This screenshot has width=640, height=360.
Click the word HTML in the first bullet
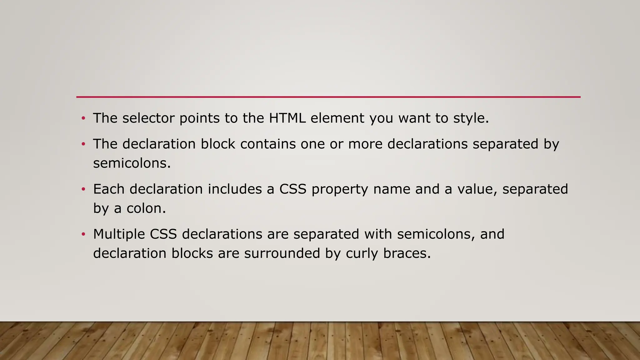287,118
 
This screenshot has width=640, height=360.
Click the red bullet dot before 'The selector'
83,118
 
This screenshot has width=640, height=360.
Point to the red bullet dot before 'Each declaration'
83,189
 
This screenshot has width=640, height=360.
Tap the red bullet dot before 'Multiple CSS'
83,234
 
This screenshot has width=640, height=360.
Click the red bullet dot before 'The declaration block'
83,144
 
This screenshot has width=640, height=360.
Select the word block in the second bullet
218,144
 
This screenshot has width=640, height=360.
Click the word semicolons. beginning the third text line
132,163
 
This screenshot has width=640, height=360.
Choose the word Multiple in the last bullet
119,234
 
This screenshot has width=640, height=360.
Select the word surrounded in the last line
282,253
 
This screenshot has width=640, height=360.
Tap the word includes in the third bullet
235,189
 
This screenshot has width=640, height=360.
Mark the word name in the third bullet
392,189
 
